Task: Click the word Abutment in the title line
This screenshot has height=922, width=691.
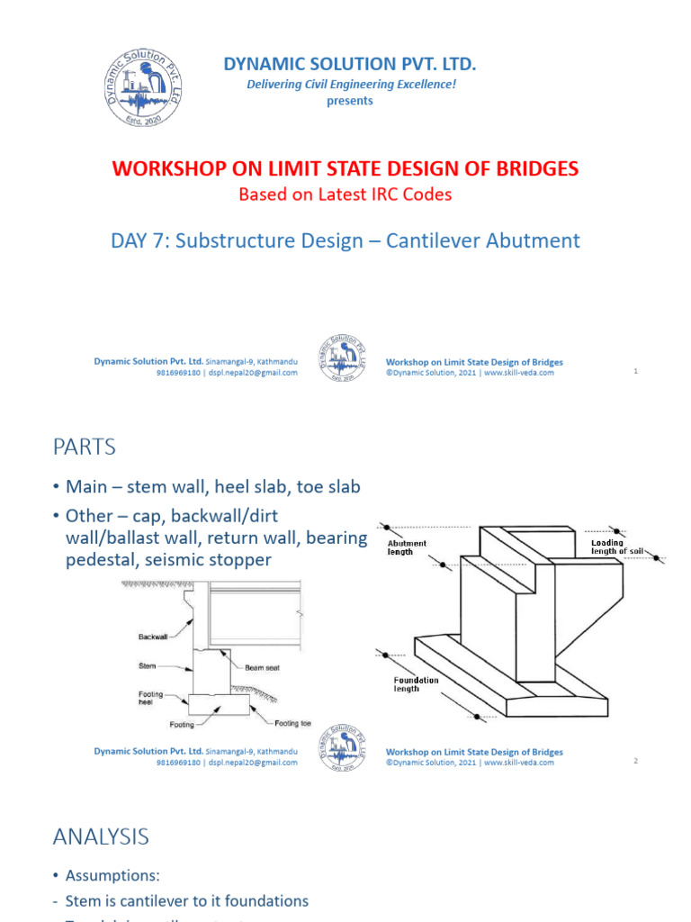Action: [531, 240]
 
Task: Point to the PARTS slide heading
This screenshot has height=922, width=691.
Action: [85, 447]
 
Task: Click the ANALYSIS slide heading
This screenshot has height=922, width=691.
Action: [101, 836]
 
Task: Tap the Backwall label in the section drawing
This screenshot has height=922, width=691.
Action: [153, 636]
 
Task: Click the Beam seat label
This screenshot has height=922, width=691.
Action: [261, 668]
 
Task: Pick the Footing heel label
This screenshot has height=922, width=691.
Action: [150, 698]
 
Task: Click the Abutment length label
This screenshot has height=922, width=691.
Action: [407, 547]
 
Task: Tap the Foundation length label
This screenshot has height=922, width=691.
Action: [417, 684]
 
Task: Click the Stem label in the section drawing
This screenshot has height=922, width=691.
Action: [148, 668]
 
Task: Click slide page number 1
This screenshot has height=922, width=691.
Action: [635, 371]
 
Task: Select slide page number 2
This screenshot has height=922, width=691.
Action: [635, 761]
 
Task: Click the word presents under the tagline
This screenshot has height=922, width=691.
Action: [350, 101]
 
